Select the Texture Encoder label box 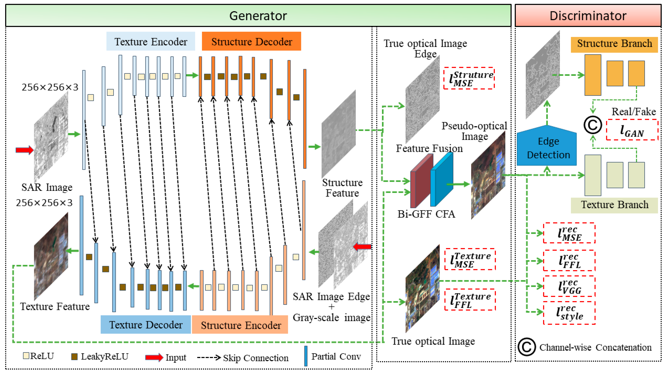click(151, 41)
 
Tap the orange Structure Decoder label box click(251, 41)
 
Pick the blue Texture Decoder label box click(146, 325)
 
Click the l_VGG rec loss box click(569, 286)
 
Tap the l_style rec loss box click(569, 312)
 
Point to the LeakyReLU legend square click(74, 356)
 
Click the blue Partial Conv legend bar click(306, 356)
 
